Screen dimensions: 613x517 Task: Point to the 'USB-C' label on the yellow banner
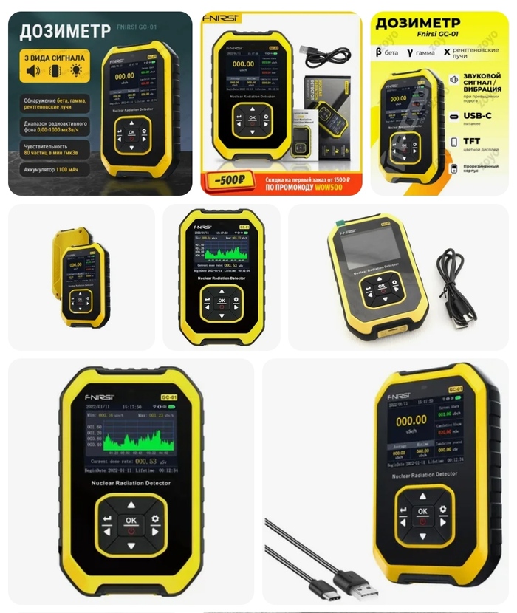coord(478,117)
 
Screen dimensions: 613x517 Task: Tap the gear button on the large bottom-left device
coord(155,519)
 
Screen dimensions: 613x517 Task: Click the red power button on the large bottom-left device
coord(131,530)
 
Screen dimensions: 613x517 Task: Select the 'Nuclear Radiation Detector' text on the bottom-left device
coord(131,483)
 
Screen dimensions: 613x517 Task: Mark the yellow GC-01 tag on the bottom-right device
coord(455,390)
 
